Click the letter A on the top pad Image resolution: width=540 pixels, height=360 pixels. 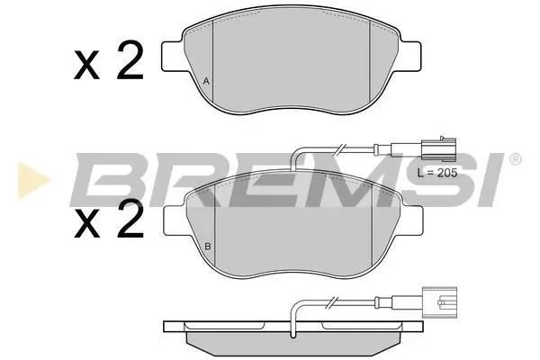pos(206,81)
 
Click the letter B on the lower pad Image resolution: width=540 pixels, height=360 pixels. pos(208,247)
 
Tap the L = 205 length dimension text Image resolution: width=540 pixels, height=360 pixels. pos(437,173)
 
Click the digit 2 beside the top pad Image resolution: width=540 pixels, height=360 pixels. pos(130,60)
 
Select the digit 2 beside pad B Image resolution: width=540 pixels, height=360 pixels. pos(130,219)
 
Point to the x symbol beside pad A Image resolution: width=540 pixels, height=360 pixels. pos(86,65)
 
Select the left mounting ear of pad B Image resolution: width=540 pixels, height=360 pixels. pos(175,220)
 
